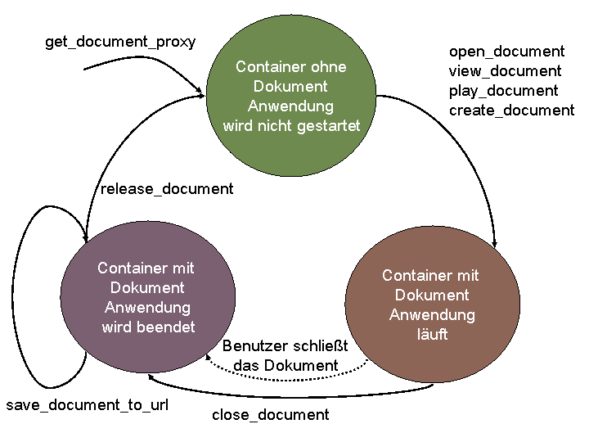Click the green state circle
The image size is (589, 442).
[x=291, y=96]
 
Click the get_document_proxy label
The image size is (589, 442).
[x=120, y=42]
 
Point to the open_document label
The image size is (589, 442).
[x=506, y=52]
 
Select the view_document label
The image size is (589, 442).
[x=505, y=71]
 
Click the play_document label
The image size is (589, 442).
[x=503, y=91]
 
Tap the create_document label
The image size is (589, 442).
[x=511, y=110]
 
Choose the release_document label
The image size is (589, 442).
[x=167, y=189]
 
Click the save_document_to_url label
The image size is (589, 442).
[x=88, y=405]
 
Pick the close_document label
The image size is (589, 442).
[x=270, y=415]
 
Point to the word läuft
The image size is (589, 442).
[x=432, y=335]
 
